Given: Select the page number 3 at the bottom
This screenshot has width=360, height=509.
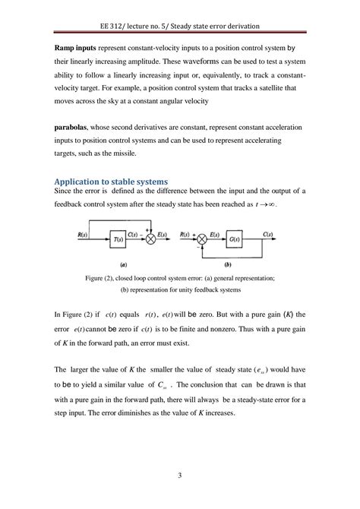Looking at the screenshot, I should (x=179, y=476).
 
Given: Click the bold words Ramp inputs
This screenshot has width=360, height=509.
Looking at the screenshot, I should (x=74, y=47).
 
